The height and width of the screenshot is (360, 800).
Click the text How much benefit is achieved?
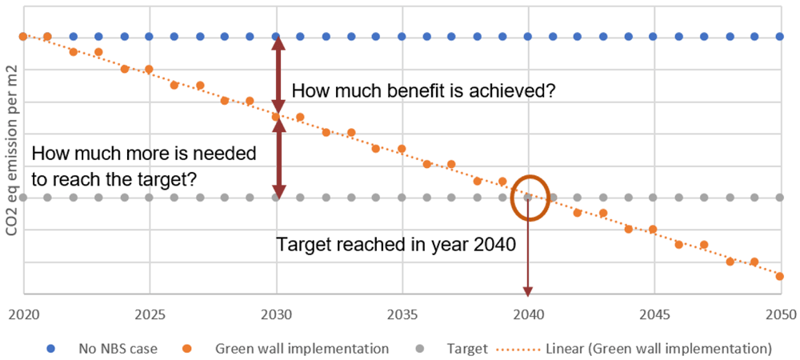(423, 91)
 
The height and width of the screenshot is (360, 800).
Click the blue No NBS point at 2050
(779, 37)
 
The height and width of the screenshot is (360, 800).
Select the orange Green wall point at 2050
(779, 276)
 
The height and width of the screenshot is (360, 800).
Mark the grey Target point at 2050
(779, 198)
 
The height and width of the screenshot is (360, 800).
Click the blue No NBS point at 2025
(149, 37)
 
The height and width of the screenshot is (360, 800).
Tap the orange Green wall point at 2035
(402, 149)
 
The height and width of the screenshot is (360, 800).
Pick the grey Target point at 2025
(149, 198)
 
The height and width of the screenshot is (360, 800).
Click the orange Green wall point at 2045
(653, 230)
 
